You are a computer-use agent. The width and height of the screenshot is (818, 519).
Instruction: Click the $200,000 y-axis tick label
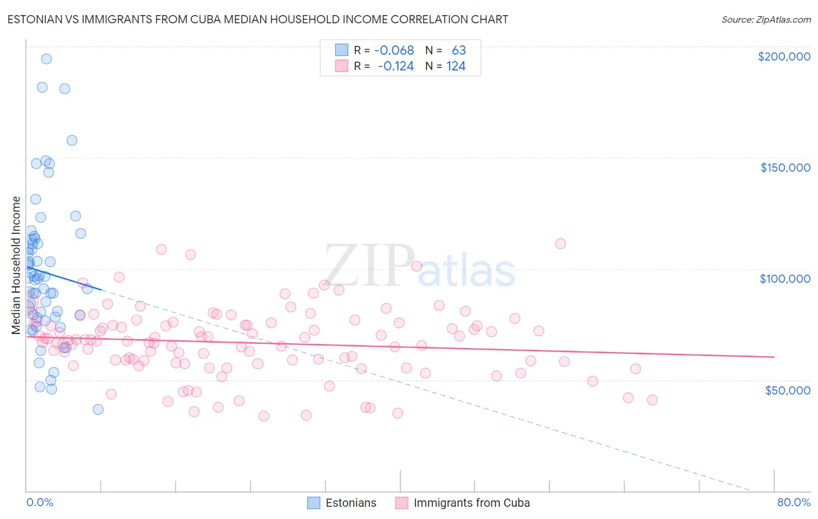784,56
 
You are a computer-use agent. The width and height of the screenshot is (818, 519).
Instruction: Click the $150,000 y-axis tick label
785,168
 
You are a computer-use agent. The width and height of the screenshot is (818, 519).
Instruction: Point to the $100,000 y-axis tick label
785,279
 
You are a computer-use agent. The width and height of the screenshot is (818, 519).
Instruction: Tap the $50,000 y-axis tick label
787,390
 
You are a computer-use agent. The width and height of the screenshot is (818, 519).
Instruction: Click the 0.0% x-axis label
40,502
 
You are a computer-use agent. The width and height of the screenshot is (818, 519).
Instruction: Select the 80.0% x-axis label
794,502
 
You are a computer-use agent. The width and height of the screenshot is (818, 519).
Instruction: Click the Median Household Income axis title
16,265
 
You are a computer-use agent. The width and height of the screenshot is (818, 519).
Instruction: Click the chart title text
258,19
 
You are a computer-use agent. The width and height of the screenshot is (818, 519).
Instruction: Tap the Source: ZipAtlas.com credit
766,20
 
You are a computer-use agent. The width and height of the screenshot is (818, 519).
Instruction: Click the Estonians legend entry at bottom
342,503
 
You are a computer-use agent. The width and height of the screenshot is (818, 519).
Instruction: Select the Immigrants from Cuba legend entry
463,503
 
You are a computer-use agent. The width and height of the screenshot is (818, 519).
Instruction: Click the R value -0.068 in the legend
394,50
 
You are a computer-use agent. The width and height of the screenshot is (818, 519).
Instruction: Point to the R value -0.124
396,66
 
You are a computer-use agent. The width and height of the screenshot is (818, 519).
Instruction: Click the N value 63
458,50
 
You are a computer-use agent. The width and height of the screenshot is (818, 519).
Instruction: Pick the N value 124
456,66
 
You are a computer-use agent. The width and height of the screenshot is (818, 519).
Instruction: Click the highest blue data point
47,59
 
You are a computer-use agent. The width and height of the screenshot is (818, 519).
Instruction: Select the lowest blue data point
98,410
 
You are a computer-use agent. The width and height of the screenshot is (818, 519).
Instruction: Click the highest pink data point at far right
560,244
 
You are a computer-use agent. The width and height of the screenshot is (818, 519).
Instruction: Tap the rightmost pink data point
652,400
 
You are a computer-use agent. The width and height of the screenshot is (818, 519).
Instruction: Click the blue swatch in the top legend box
342,50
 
